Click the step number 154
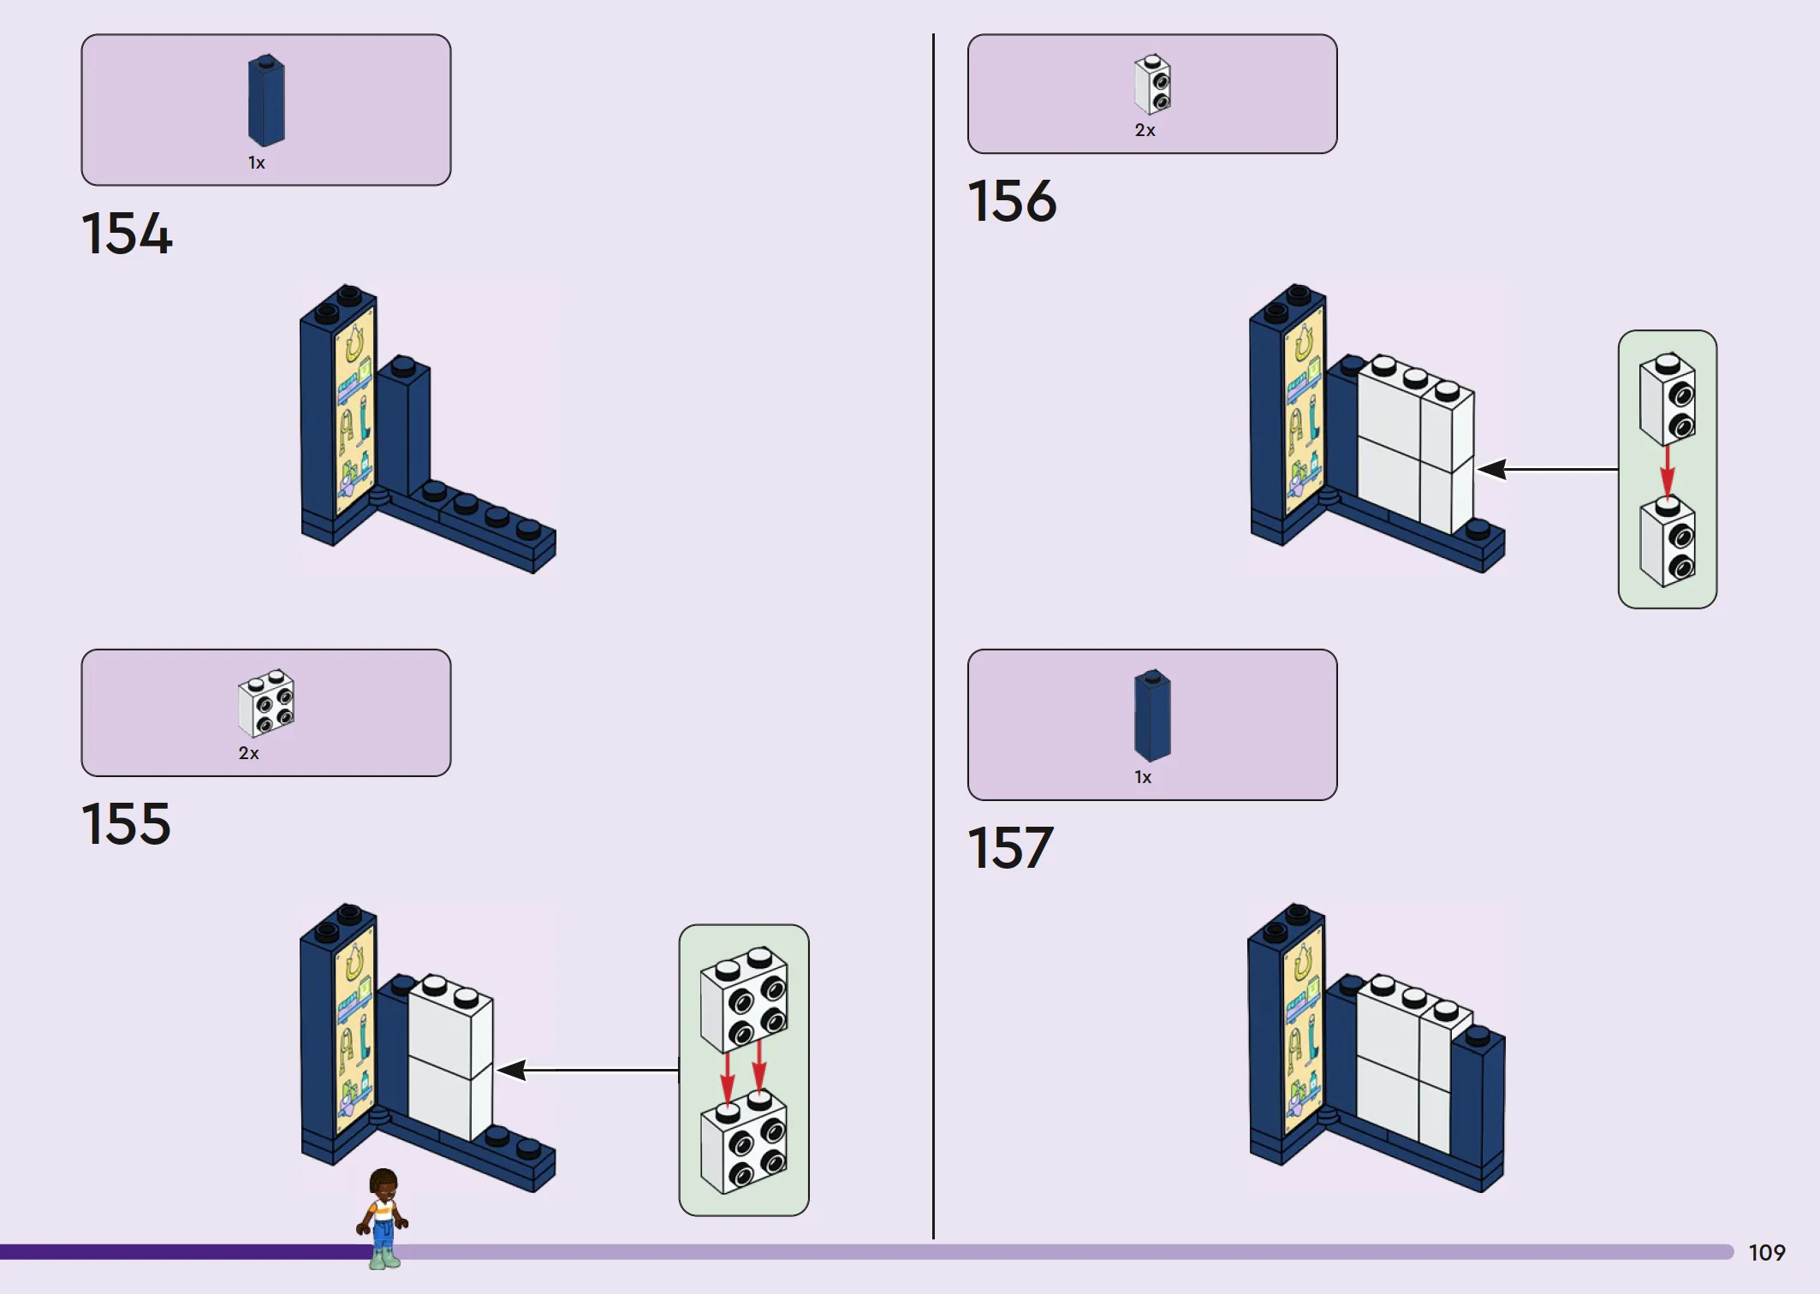tap(127, 233)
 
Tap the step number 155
tap(126, 823)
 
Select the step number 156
tap(1012, 201)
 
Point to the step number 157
tap(1010, 847)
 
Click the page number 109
tap(1767, 1253)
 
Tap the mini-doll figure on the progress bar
tap(383, 1219)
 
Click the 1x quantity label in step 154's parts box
tap(257, 163)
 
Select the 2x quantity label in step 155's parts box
tap(248, 753)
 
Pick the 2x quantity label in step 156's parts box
tap(1145, 130)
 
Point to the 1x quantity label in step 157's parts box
tap(1143, 777)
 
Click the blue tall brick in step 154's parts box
tap(266, 100)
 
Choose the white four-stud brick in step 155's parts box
tap(266, 703)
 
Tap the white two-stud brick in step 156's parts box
tap(1152, 84)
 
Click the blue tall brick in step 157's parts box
tap(1152, 715)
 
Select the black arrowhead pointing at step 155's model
tap(512, 1070)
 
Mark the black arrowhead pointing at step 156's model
tap(1491, 469)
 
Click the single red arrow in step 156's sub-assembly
tap(1668, 471)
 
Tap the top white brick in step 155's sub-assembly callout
tap(744, 999)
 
